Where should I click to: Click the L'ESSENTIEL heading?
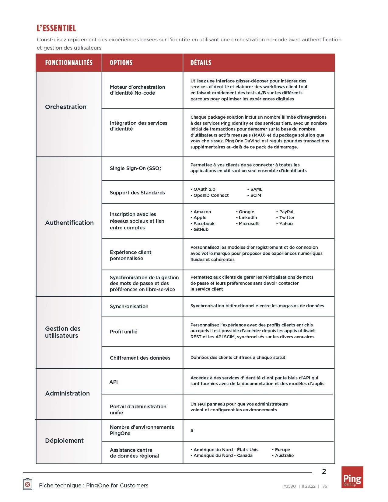coord(56,28)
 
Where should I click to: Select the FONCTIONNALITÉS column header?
coord(69,63)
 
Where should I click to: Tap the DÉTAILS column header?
coord(201,63)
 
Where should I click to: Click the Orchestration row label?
coord(66,107)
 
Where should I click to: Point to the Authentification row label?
coord(69,223)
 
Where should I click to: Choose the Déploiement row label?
coord(64,441)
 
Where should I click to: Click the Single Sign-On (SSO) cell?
coord(136,168)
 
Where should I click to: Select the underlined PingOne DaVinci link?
coord(243,141)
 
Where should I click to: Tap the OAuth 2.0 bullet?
coord(204,189)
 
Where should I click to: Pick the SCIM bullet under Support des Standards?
coord(255,195)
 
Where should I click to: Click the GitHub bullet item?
coord(201,229)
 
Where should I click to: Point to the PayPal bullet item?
coord(286,212)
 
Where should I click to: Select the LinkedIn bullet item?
coord(248,218)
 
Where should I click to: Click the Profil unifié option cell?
coord(124,332)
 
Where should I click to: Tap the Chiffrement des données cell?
coord(140,358)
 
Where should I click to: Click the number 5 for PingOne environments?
coord(192,431)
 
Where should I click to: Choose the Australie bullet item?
coord(284,455)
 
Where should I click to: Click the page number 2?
coord(324,472)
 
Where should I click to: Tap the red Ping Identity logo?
coord(352,477)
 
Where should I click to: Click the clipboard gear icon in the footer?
coord(27,484)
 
